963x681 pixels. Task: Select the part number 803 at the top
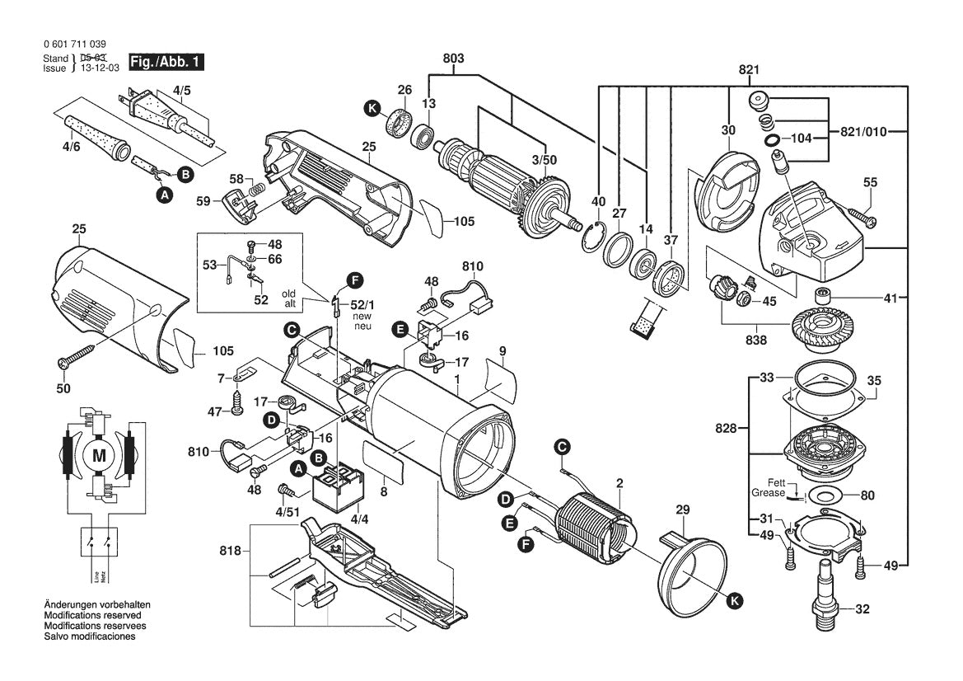click(452, 59)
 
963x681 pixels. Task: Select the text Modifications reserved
click(91, 616)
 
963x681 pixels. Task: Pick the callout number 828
click(727, 429)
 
